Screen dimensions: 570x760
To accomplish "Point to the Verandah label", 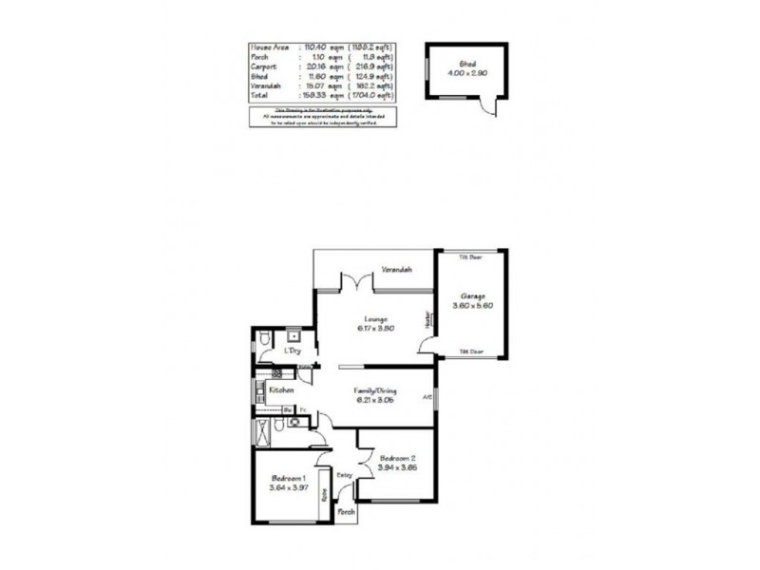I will (396, 271).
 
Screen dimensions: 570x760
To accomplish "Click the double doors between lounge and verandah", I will (355, 282).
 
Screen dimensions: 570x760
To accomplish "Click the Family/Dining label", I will (374, 390).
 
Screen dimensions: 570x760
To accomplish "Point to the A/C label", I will (427, 397).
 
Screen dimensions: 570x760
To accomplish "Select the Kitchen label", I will (280, 389).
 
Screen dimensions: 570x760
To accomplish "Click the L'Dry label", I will (294, 352).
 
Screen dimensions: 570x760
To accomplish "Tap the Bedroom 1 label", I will (287, 477).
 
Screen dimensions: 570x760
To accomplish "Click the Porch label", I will (348, 512).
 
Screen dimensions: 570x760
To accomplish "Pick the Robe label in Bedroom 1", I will (323, 496).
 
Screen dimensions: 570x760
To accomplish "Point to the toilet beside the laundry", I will (263, 340).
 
